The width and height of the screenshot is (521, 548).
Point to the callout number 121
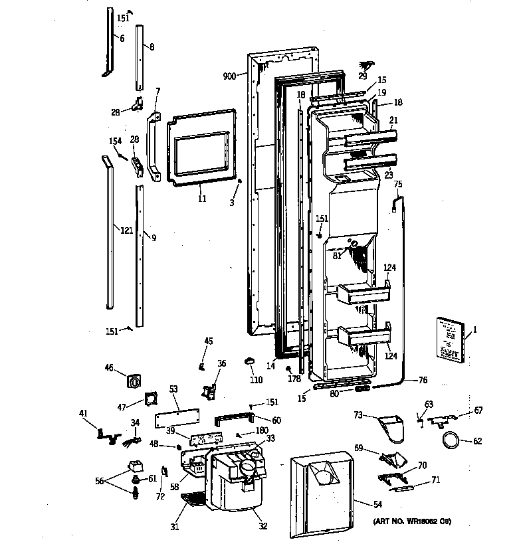click(x=126, y=230)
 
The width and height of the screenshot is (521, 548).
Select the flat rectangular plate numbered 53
click(x=177, y=420)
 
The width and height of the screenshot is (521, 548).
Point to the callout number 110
click(x=257, y=380)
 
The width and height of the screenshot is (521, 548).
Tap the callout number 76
click(x=423, y=380)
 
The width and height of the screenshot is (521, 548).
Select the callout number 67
click(x=478, y=411)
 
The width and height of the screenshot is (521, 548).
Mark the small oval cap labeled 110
click(x=251, y=361)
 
